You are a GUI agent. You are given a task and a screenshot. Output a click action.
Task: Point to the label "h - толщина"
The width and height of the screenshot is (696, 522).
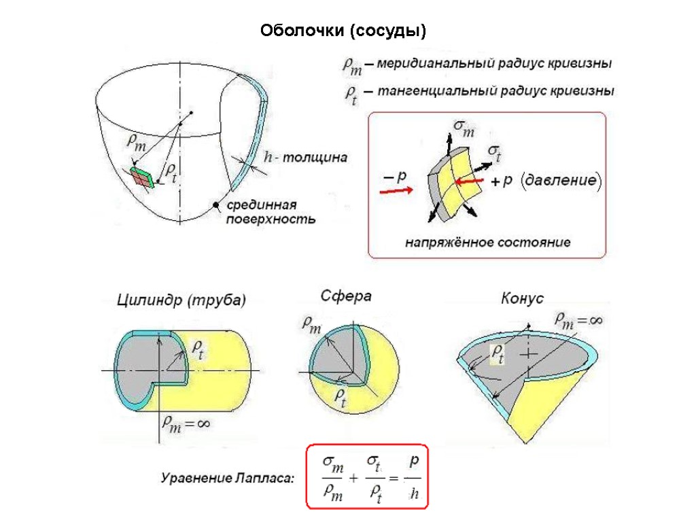(305, 158)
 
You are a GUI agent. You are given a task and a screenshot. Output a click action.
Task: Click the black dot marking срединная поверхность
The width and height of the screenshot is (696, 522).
(217, 204)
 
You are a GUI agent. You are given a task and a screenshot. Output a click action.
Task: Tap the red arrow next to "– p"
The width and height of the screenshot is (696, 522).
(394, 191)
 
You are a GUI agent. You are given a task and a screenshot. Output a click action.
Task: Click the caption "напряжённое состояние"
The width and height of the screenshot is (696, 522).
(487, 242)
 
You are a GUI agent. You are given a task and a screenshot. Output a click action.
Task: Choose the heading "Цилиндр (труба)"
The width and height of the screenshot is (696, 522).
(181, 300)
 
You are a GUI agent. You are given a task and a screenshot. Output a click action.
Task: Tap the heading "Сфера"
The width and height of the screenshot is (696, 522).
(345, 296)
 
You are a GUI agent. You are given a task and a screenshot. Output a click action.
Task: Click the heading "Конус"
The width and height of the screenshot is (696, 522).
(522, 298)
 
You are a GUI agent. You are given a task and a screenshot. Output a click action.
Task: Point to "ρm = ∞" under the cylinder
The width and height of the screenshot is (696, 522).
(184, 423)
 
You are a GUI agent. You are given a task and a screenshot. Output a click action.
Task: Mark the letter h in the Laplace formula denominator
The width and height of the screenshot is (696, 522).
(413, 493)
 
